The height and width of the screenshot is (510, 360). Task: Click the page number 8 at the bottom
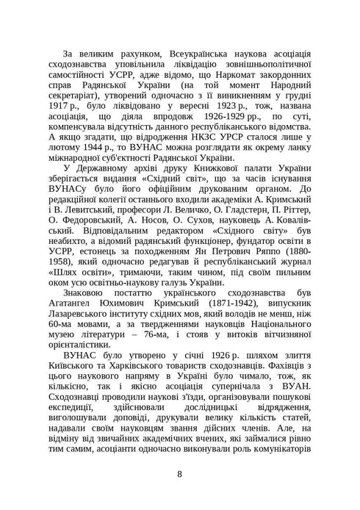point(180,474)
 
